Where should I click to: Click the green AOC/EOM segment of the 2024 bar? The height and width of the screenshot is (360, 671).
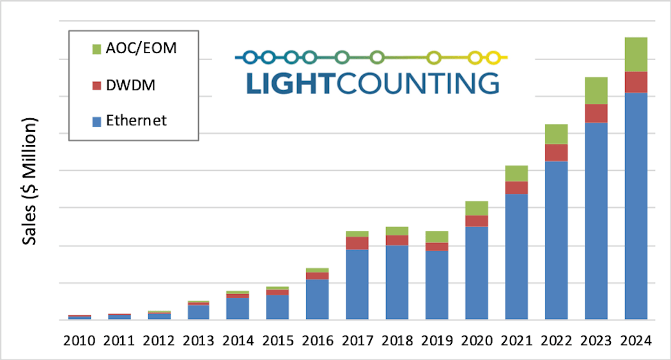click(635, 54)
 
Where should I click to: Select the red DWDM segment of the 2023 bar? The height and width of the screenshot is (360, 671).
click(596, 113)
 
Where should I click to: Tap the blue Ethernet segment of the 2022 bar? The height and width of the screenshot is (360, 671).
click(556, 240)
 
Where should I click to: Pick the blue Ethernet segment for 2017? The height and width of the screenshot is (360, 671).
click(357, 284)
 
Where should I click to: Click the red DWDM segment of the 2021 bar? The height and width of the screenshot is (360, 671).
click(516, 187)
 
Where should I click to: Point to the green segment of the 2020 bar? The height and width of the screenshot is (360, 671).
click(477, 208)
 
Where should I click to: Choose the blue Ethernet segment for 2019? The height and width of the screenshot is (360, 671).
click(437, 285)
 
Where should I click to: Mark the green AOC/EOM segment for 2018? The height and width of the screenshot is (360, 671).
click(397, 231)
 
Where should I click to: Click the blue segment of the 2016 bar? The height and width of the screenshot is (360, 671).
click(318, 299)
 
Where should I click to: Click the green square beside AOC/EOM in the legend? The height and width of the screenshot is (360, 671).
click(96, 49)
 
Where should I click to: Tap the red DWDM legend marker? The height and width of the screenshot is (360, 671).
click(96, 85)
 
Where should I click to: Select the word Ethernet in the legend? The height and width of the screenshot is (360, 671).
click(136, 120)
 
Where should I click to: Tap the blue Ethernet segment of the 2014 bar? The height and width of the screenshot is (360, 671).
click(238, 308)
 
